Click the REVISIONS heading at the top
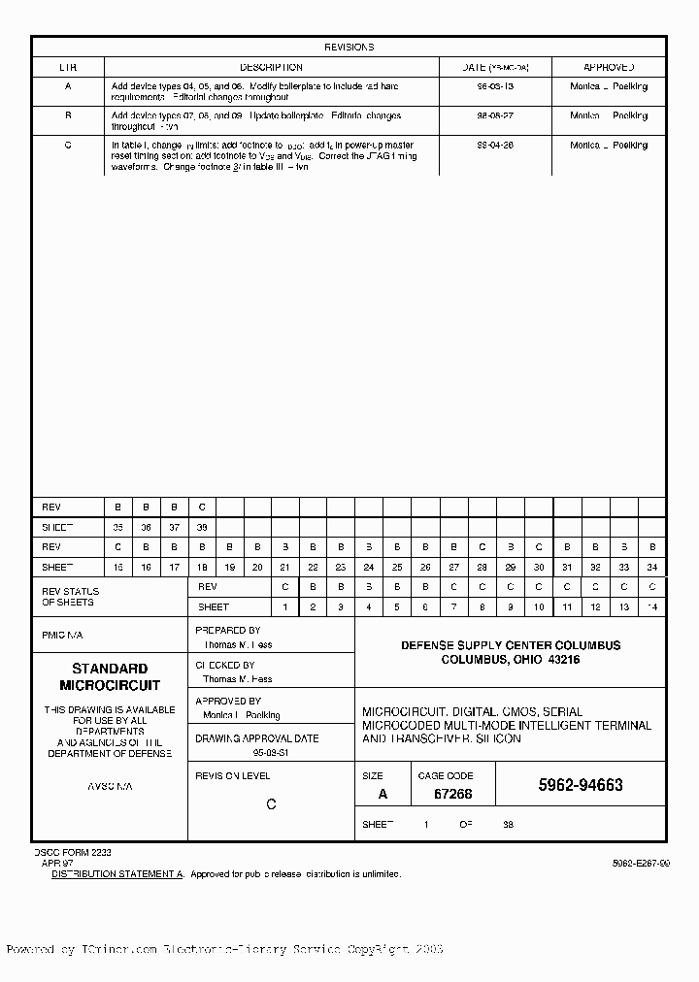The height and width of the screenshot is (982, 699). point(349,47)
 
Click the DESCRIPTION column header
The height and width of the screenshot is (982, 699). point(271,68)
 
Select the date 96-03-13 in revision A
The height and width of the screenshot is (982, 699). point(496,87)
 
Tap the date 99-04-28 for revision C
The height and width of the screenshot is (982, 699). point(496,146)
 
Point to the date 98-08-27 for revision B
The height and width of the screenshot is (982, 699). point(496,116)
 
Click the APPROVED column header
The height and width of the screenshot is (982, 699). point(609,68)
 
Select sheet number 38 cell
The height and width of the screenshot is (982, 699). point(202,527)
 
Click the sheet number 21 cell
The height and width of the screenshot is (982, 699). point(285,567)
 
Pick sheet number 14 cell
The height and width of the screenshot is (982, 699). point(652,607)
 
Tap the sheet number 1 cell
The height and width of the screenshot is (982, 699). point(285,607)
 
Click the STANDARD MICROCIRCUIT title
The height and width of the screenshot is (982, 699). point(110,677)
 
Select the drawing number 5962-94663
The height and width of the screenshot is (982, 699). point(581,786)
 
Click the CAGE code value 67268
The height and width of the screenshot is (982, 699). point(452,794)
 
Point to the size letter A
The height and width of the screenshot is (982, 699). point(382,794)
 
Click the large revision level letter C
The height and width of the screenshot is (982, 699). point(271,804)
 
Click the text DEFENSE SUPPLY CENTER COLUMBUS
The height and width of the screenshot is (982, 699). point(511,645)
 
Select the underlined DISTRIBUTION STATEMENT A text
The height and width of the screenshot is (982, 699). point(117,874)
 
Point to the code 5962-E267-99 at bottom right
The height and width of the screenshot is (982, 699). point(640,863)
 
